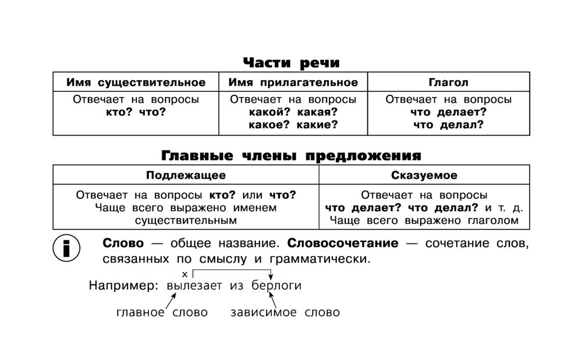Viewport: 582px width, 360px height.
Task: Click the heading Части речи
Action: coord(292,63)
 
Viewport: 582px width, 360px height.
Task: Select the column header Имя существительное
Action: coord(136,83)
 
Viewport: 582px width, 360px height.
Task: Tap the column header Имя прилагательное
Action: coord(293,83)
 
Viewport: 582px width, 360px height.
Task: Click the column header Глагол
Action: coord(448,82)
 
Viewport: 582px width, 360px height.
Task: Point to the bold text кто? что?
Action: coord(136,112)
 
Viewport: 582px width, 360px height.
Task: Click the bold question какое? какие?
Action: coord(293,124)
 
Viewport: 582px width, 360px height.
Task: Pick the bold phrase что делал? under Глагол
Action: coord(448,124)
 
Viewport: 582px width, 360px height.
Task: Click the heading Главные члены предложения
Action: coord(292,155)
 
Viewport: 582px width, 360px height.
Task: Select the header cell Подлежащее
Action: coord(186,176)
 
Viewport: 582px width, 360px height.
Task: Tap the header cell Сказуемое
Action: coord(424,175)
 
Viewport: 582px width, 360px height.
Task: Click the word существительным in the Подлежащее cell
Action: coord(186,220)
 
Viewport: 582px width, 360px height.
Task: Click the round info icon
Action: coord(66,248)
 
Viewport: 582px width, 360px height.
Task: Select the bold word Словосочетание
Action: coord(343,243)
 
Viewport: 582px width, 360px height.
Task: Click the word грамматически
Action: coord(320,259)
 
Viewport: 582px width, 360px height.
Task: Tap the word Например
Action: coord(123,286)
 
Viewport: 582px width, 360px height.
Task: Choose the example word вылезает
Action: coord(194,286)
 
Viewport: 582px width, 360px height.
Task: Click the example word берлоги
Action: coord(276,286)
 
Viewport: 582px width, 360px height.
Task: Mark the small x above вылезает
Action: coord(185,275)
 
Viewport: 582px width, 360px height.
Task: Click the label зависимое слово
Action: coord(285,312)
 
